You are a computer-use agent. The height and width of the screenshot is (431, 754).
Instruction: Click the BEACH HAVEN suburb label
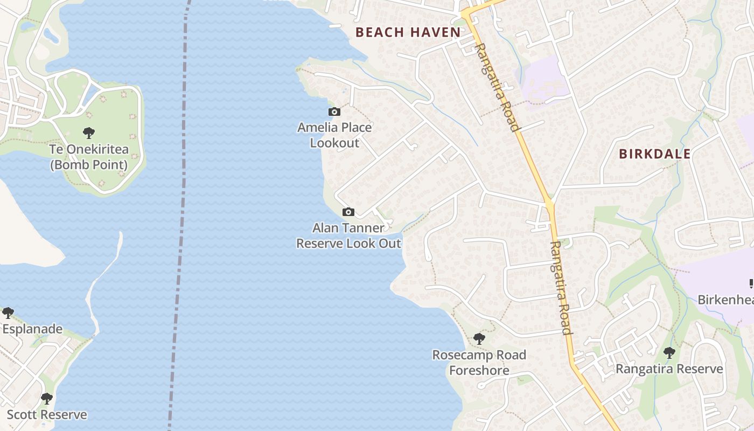[x=408, y=32]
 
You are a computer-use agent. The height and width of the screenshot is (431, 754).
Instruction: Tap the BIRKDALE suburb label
[x=654, y=154]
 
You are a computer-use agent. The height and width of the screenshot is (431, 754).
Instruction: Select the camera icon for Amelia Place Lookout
[x=334, y=112]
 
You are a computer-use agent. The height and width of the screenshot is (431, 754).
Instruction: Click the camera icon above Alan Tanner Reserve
[x=348, y=212]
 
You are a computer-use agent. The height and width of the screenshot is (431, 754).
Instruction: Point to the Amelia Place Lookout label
[x=334, y=135]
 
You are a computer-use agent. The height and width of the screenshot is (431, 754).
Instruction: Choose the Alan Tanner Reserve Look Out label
[x=349, y=235]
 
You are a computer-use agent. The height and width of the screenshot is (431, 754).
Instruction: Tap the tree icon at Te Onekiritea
[x=89, y=133]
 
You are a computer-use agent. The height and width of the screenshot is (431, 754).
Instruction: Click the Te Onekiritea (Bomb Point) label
[x=89, y=157]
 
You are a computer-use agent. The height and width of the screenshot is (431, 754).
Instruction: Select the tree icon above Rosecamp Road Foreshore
[x=479, y=339]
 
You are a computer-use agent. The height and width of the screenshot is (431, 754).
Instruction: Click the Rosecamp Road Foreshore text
[x=479, y=363]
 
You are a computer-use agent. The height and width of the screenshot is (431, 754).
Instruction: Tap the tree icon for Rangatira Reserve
[x=669, y=353]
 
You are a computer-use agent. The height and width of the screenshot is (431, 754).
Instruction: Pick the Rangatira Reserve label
[x=669, y=369]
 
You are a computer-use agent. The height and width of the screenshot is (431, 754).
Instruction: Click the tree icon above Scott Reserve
[x=47, y=399]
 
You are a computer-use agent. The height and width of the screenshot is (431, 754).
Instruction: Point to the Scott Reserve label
[x=47, y=415]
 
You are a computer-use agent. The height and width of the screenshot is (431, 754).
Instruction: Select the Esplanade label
[x=32, y=329]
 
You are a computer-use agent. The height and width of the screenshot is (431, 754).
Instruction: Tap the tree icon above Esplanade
[x=8, y=312]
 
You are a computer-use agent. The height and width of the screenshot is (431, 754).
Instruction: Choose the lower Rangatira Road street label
[x=560, y=288]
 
